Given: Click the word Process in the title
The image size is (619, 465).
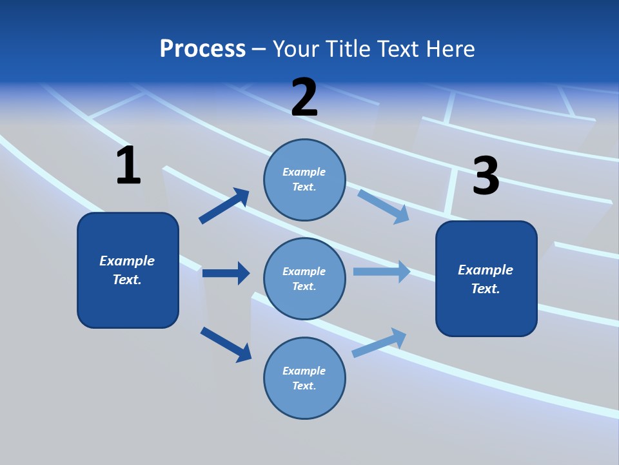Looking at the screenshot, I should tap(202, 49).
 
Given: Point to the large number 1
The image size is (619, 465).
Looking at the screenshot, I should tap(128, 166).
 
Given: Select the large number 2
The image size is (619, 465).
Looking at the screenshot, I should tap(304, 98).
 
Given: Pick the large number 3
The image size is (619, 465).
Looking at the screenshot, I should tap(486, 176).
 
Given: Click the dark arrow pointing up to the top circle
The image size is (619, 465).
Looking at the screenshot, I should tap(224, 206).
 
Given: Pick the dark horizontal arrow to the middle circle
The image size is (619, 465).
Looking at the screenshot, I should tap(226, 273).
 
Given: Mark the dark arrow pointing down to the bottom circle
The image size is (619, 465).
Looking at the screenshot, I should tap(226, 344).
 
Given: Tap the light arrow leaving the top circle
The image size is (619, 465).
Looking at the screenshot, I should tap(384, 206).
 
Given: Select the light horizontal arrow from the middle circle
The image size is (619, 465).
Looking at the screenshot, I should tap(382, 271).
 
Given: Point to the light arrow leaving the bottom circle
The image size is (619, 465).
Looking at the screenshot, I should tap(380, 342).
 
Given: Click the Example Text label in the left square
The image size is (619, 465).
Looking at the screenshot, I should tap(127, 270).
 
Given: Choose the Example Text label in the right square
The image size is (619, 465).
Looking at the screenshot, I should tap(486, 279).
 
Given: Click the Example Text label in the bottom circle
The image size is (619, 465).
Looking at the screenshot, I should tap(304, 378).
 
